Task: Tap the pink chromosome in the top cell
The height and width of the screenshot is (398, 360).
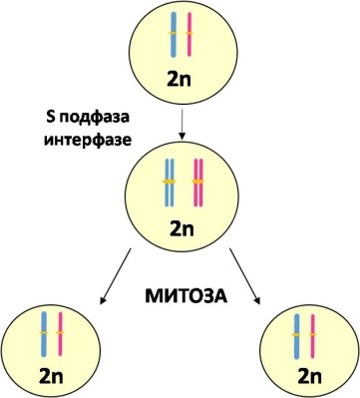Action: point(188,35)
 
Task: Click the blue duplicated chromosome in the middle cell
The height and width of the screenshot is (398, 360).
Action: point(168,183)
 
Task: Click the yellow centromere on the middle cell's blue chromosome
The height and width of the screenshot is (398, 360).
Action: point(168,182)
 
